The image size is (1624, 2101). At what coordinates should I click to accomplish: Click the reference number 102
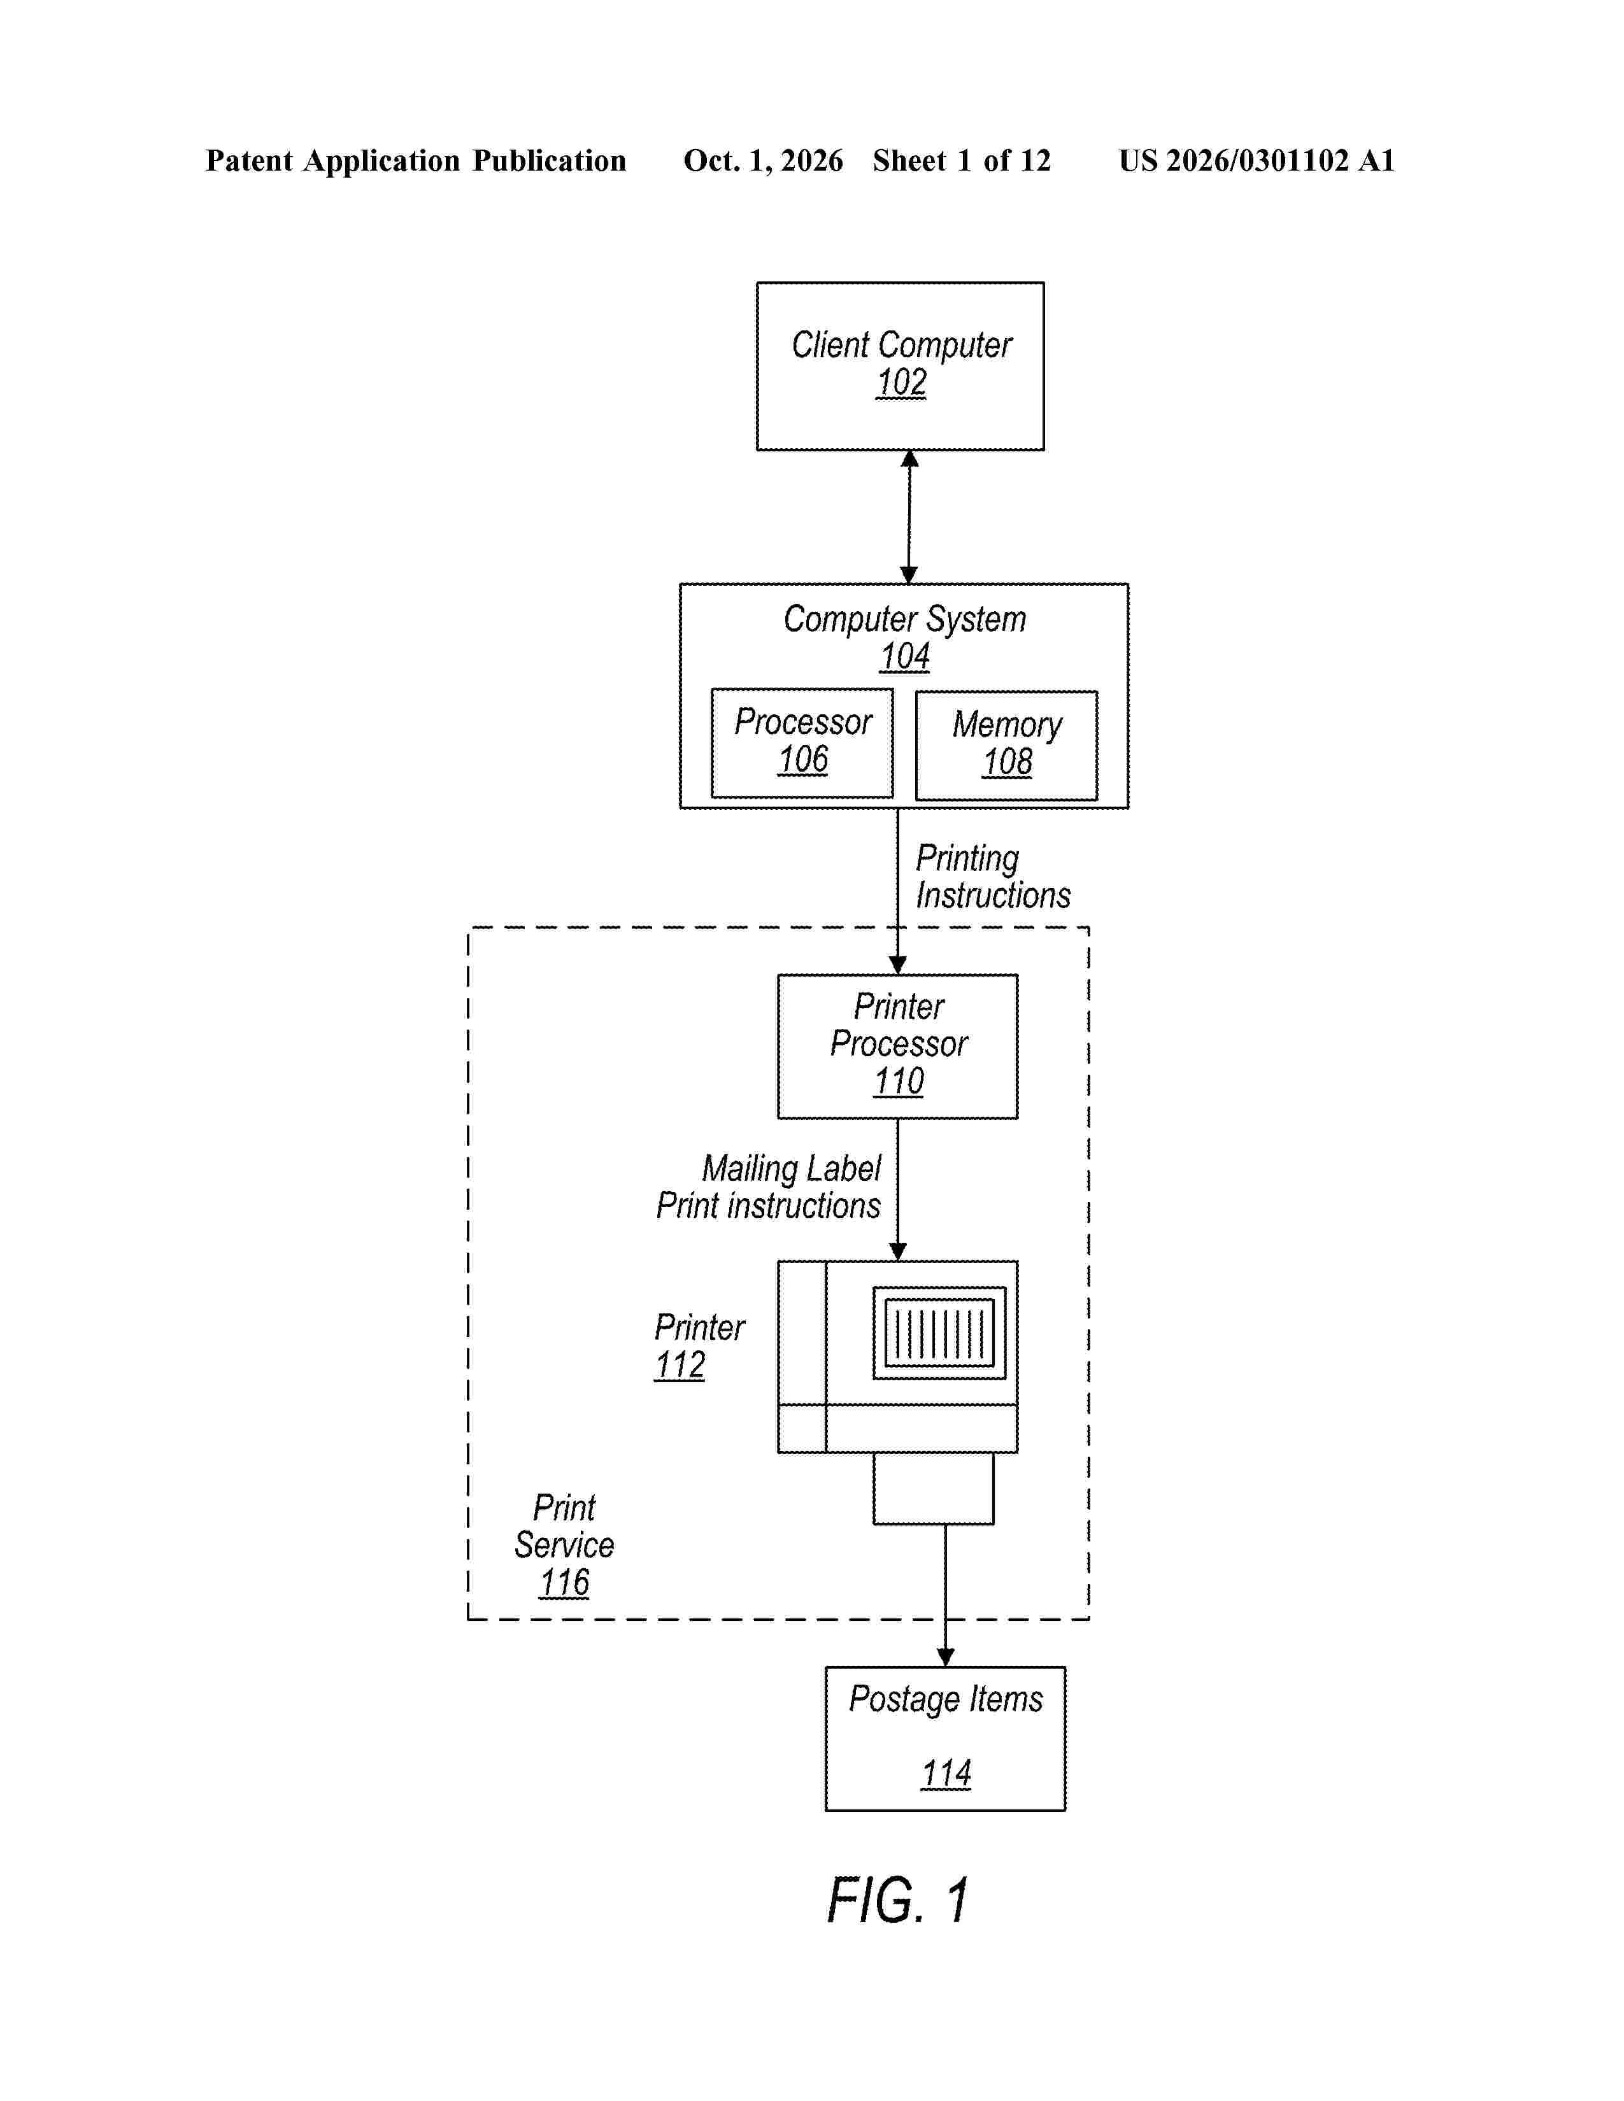pyautogui.click(x=901, y=383)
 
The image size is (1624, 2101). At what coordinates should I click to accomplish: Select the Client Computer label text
pyautogui.click(x=901, y=344)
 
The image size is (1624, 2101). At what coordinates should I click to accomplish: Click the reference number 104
pyautogui.click(x=904, y=656)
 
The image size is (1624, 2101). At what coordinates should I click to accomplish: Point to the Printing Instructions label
pyautogui.click(x=993, y=877)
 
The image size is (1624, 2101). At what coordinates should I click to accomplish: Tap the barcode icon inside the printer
pyautogui.click(x=939, y=1333)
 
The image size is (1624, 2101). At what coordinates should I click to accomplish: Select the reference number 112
pyautogui.click(x=680, y=1365)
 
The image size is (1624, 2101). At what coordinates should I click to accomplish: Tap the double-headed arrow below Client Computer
pyautogui.click(x=909, y=516)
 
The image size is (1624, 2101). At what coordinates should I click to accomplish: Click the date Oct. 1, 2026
pyautogui.click(x=763, y=160)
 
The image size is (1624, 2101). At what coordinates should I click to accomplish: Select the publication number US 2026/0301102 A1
pyautogui.click(x=1257, y=160)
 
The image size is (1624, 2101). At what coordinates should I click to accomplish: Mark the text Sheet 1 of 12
pyautogui.click(x=962, y=160)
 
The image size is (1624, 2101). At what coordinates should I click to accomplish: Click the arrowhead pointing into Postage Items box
pyautogui.click(x=946, y=1657)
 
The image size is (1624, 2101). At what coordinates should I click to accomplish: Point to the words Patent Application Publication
pyautogui.click(x=416, y=160)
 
